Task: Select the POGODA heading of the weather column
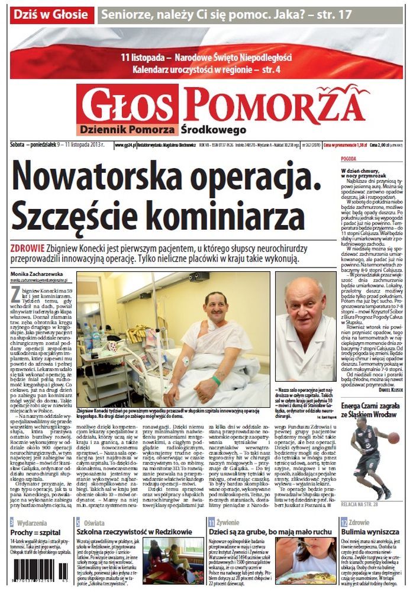(349, 159)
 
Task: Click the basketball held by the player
(393, 437)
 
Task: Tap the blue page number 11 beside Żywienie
(211, 522)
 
